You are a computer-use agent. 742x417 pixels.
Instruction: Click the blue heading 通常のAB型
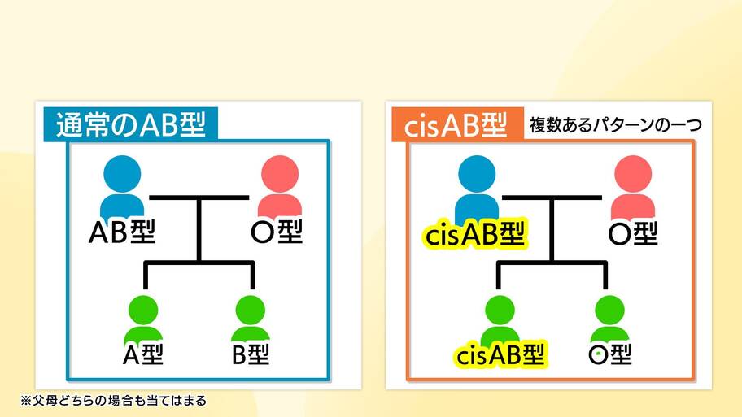131,125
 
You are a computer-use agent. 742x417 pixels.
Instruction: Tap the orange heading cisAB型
456,125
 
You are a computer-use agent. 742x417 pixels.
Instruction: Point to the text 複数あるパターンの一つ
616,125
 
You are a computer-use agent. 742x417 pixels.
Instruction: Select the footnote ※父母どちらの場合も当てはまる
114,401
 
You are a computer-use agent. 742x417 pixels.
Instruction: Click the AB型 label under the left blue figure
122,232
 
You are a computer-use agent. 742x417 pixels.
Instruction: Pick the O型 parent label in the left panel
277,232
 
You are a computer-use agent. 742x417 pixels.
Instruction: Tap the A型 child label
143,354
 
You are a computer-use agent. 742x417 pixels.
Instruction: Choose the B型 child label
251,354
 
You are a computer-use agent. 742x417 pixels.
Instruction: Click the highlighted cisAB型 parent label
475,233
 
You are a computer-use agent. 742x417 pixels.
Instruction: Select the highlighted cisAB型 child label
500,354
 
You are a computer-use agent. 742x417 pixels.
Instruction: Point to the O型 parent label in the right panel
633,233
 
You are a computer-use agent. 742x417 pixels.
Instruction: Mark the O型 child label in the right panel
610,354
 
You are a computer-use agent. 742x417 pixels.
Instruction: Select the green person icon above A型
143,319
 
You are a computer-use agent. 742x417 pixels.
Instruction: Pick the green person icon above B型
251,319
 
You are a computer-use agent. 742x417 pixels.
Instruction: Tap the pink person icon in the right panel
633,187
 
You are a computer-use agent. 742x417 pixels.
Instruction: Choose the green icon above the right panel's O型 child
609,319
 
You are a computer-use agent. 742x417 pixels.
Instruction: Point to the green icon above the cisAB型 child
500,319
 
